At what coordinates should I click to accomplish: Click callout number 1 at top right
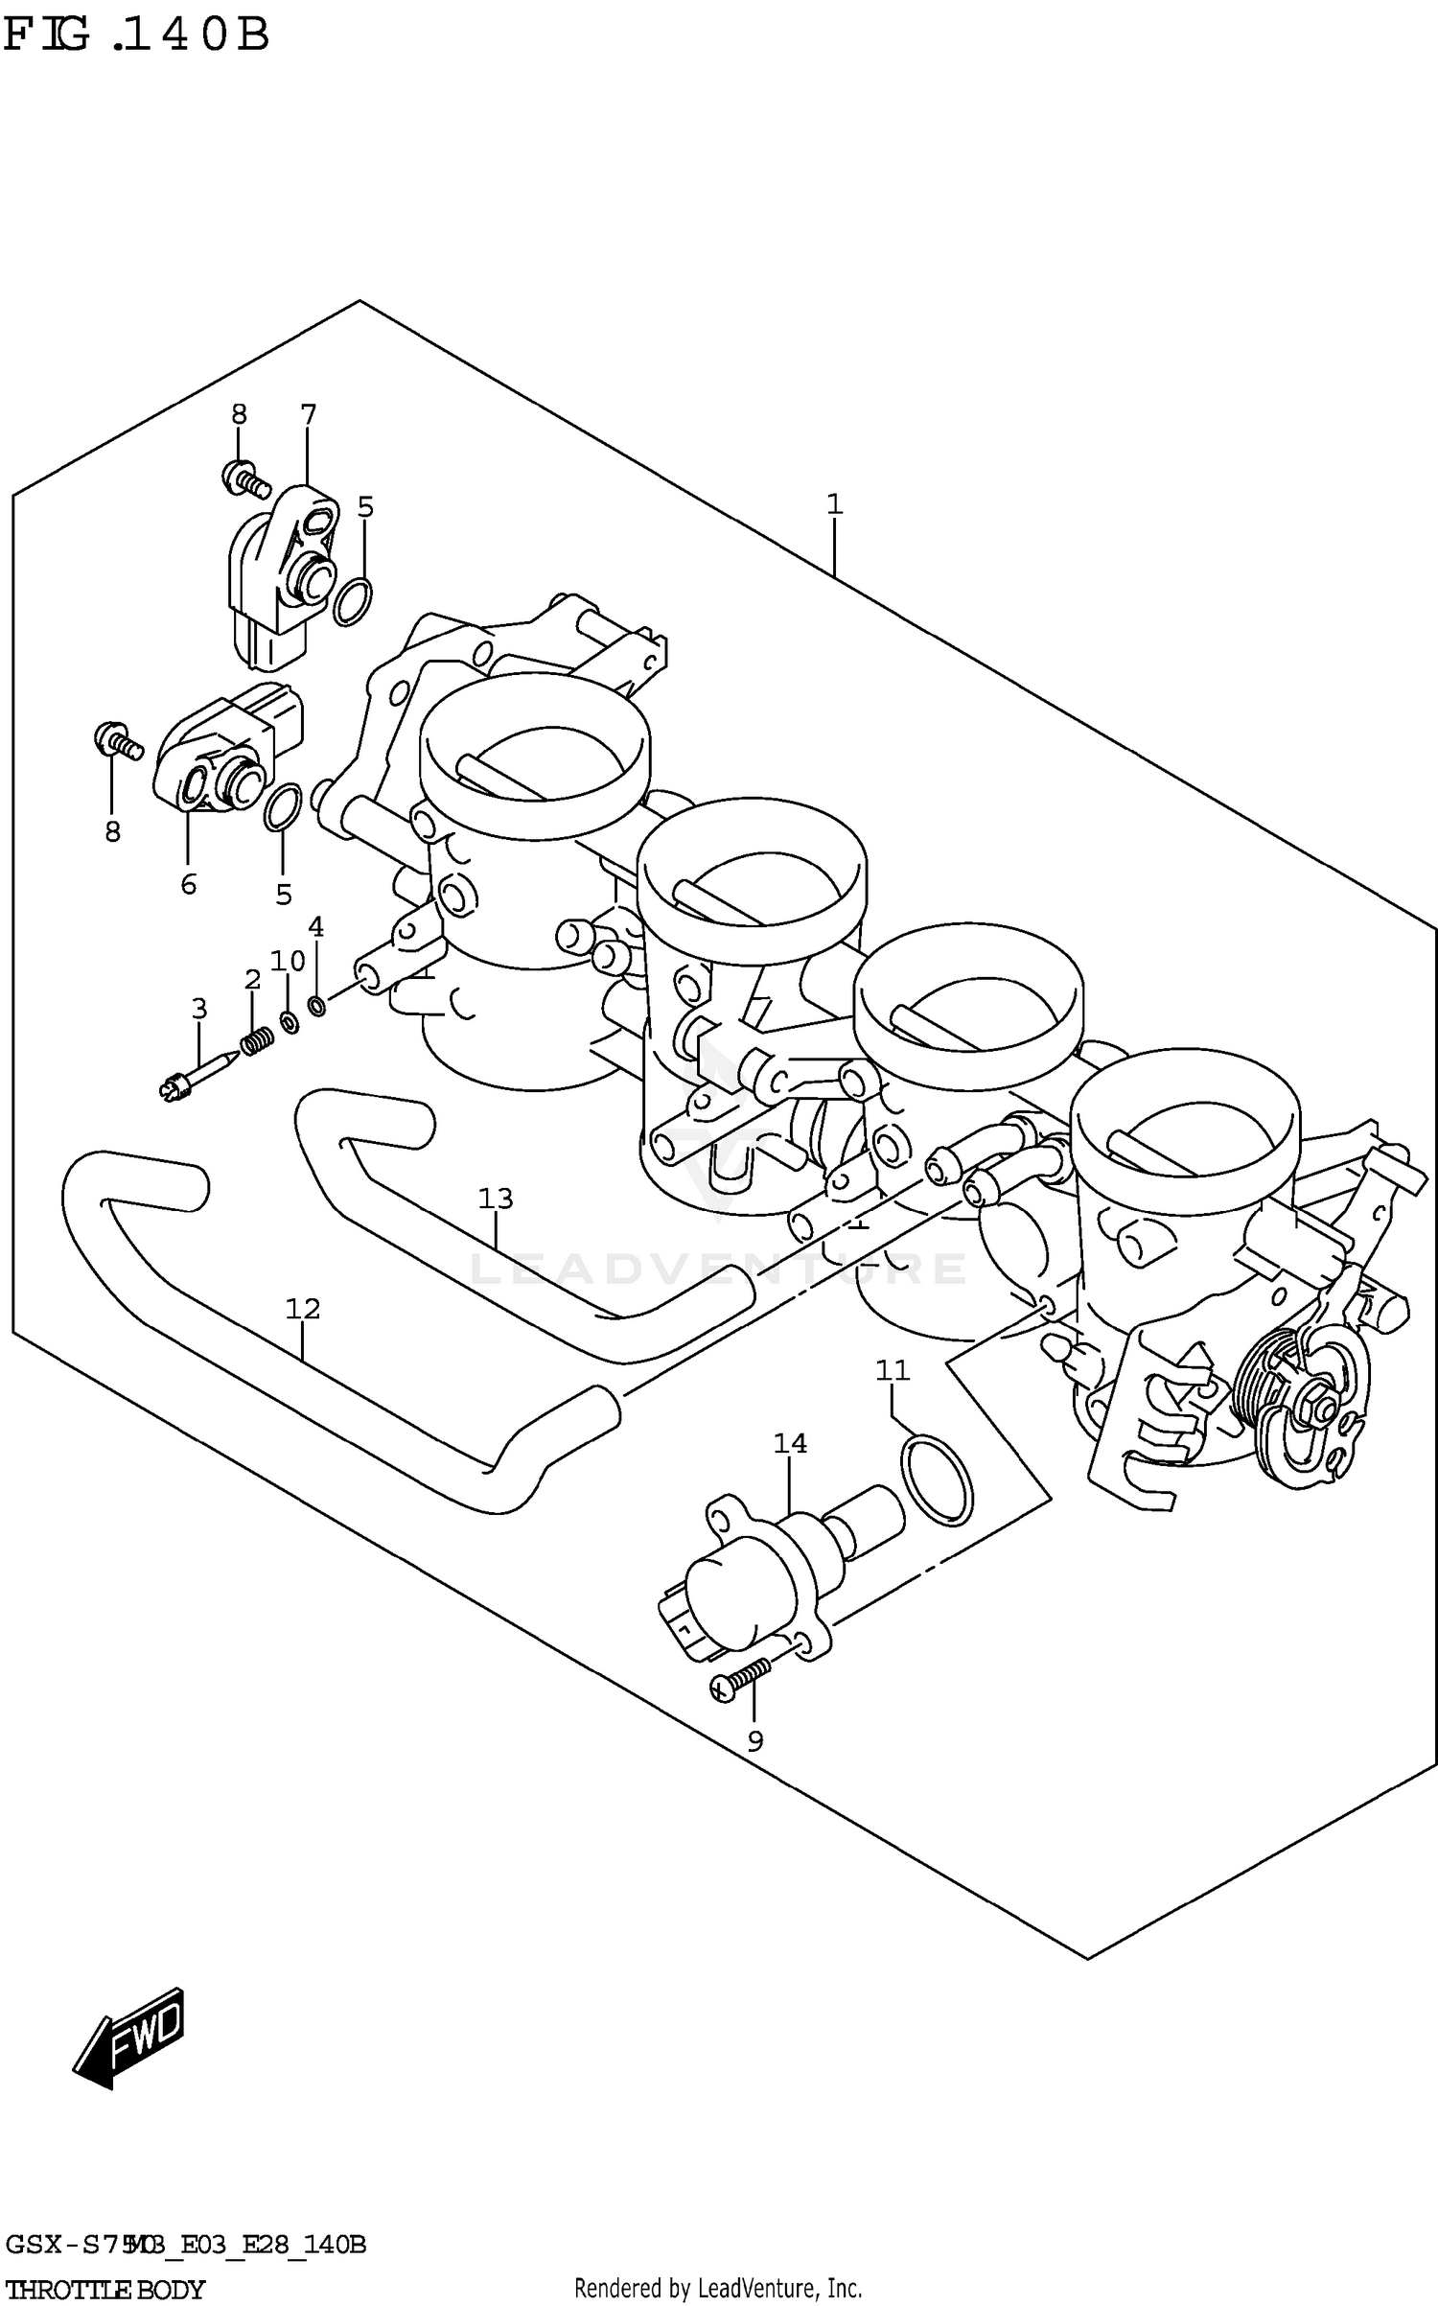834,504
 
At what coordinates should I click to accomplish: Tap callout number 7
308,415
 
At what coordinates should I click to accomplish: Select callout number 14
790,1442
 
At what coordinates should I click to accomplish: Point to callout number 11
892,1370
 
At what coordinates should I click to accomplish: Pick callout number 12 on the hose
302,1308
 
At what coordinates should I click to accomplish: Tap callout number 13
496,1198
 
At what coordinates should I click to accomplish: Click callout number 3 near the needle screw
198,1008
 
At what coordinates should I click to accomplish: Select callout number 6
188,883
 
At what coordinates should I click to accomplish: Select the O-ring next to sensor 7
353,602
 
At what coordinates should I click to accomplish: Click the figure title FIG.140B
136,35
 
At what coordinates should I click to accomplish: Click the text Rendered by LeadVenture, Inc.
718,2289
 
